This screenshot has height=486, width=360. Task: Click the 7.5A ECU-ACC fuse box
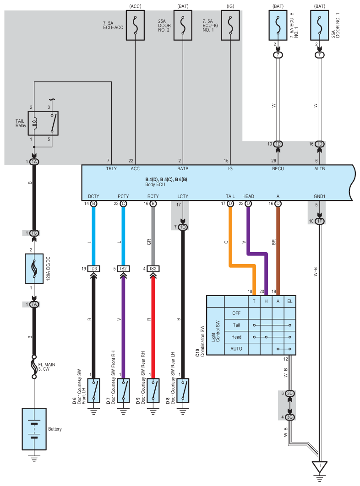click(x=135, y=26)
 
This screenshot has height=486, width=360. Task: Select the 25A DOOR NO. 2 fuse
click(x=183, y=26)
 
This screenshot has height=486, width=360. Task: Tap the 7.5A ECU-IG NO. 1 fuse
click(x=230, y=26)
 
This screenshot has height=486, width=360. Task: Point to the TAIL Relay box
click(x=43, y=123)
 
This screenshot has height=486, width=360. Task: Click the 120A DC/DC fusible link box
click(x=34, y=269)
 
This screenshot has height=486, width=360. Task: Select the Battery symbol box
click(x=34, y=429)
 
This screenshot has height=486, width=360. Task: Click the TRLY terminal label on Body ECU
click(x=111, y=168)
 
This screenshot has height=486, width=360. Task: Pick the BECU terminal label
click(x=278, y=168)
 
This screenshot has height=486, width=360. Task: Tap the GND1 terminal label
click(x=319, y=196)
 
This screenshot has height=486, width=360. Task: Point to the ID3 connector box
click(x=93, y=269)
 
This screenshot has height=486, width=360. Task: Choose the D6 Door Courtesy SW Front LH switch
click(x=93, y=390)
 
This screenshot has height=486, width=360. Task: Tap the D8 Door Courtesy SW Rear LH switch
click(x=183, y=390)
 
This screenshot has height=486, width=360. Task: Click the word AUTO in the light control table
click(x=236, y=349)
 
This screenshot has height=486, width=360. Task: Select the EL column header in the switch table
click(x=289, y=301)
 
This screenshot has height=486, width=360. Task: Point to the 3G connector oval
click(x=289, y=417)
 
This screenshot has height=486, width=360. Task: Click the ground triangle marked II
click(x=319, y=467)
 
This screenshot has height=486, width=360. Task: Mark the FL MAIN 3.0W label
click(x=47, y=367)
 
